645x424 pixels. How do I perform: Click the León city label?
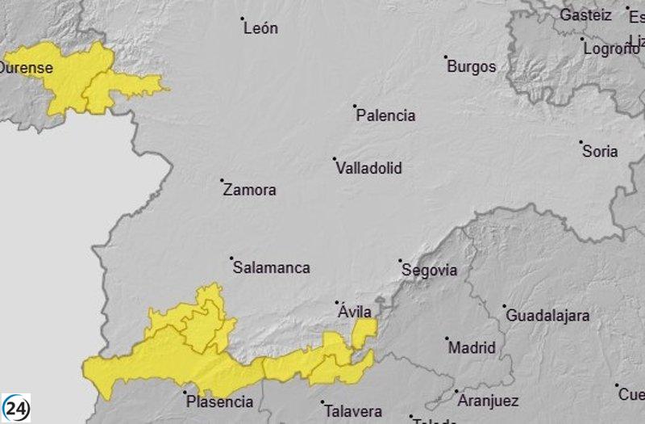pos(261,28)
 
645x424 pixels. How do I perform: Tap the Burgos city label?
pos(472,67)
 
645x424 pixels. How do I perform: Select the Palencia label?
pos(386,115)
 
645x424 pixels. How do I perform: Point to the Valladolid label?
pos(368,169)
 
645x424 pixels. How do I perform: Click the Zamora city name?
pos(249,191)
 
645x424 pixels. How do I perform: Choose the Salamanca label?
pos(271,268)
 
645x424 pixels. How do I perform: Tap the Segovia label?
pos(429,271)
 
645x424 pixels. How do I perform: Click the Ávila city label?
pos(356,312)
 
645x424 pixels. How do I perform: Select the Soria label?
pos(601,151)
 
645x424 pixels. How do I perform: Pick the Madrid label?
pos(472,348)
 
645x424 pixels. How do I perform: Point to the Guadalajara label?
pos(547,316)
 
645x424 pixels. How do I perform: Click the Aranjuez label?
pos(488,401)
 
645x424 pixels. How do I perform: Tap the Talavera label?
pos(352,410)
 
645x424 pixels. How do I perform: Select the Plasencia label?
pos(219,401)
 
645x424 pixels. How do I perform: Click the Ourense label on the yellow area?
pos(26,68)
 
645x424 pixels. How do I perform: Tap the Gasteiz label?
pos(587,15)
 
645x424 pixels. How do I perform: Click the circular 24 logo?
pos(16,408)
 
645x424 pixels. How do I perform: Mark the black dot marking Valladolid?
pos(335,159)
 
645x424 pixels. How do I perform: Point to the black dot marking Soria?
pos(581,142)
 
